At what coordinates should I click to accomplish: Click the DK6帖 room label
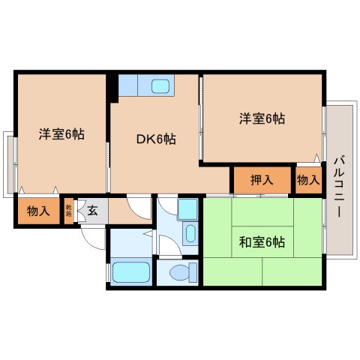pyautogui.click(x=155, y=139)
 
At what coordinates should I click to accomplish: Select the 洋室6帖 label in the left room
pyautogui.click(x=61, y=134)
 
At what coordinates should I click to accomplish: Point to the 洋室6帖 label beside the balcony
pyautogui.click(x=262, y=118)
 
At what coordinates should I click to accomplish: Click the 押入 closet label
pyautogui.click(x=261, y=180)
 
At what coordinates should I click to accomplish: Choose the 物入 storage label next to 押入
pyautogui.click(x=307, y=180)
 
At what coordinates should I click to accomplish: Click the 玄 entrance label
pyautogui.click(x=92, y=210)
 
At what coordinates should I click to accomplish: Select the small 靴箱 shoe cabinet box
pyautogui.click(x=68, y=211)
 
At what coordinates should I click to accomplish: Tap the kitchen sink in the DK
pyautogui.click(x=161, y=86)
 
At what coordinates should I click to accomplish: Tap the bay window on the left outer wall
pyautogui.click(x=8, y=163)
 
